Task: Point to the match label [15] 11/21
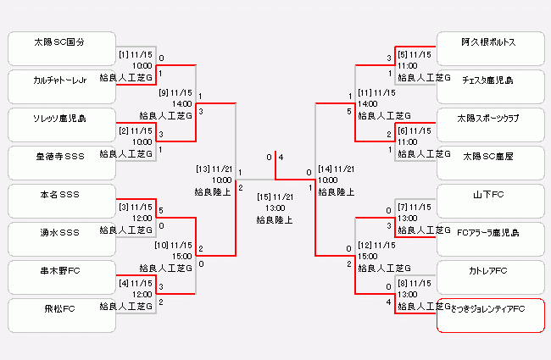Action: [x=275, y=197]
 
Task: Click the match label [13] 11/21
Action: [x=213, y=169]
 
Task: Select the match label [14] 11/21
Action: [x=337, y=169]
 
